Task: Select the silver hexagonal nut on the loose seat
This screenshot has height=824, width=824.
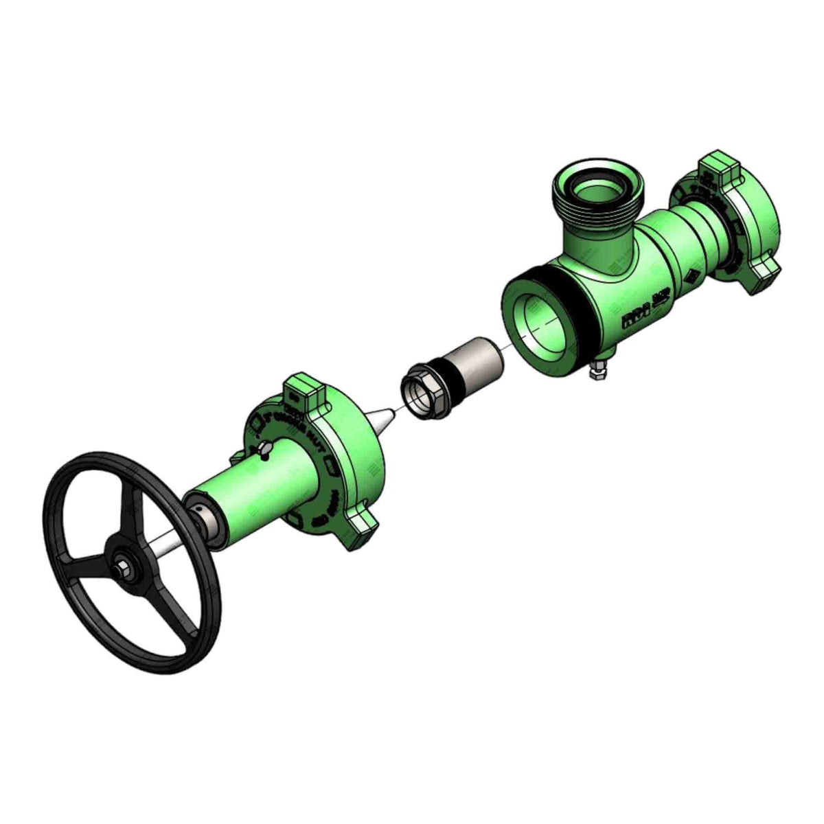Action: pos(420,392)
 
